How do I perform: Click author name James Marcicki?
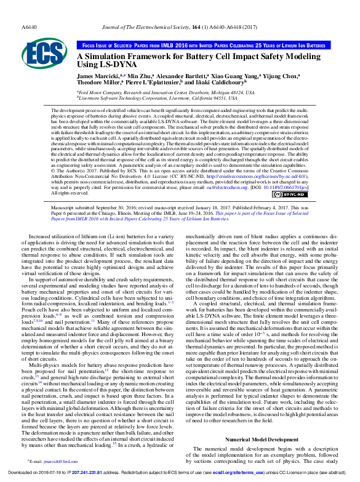(x=98, y=75)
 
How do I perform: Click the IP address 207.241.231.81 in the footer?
(x=91, y=473)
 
